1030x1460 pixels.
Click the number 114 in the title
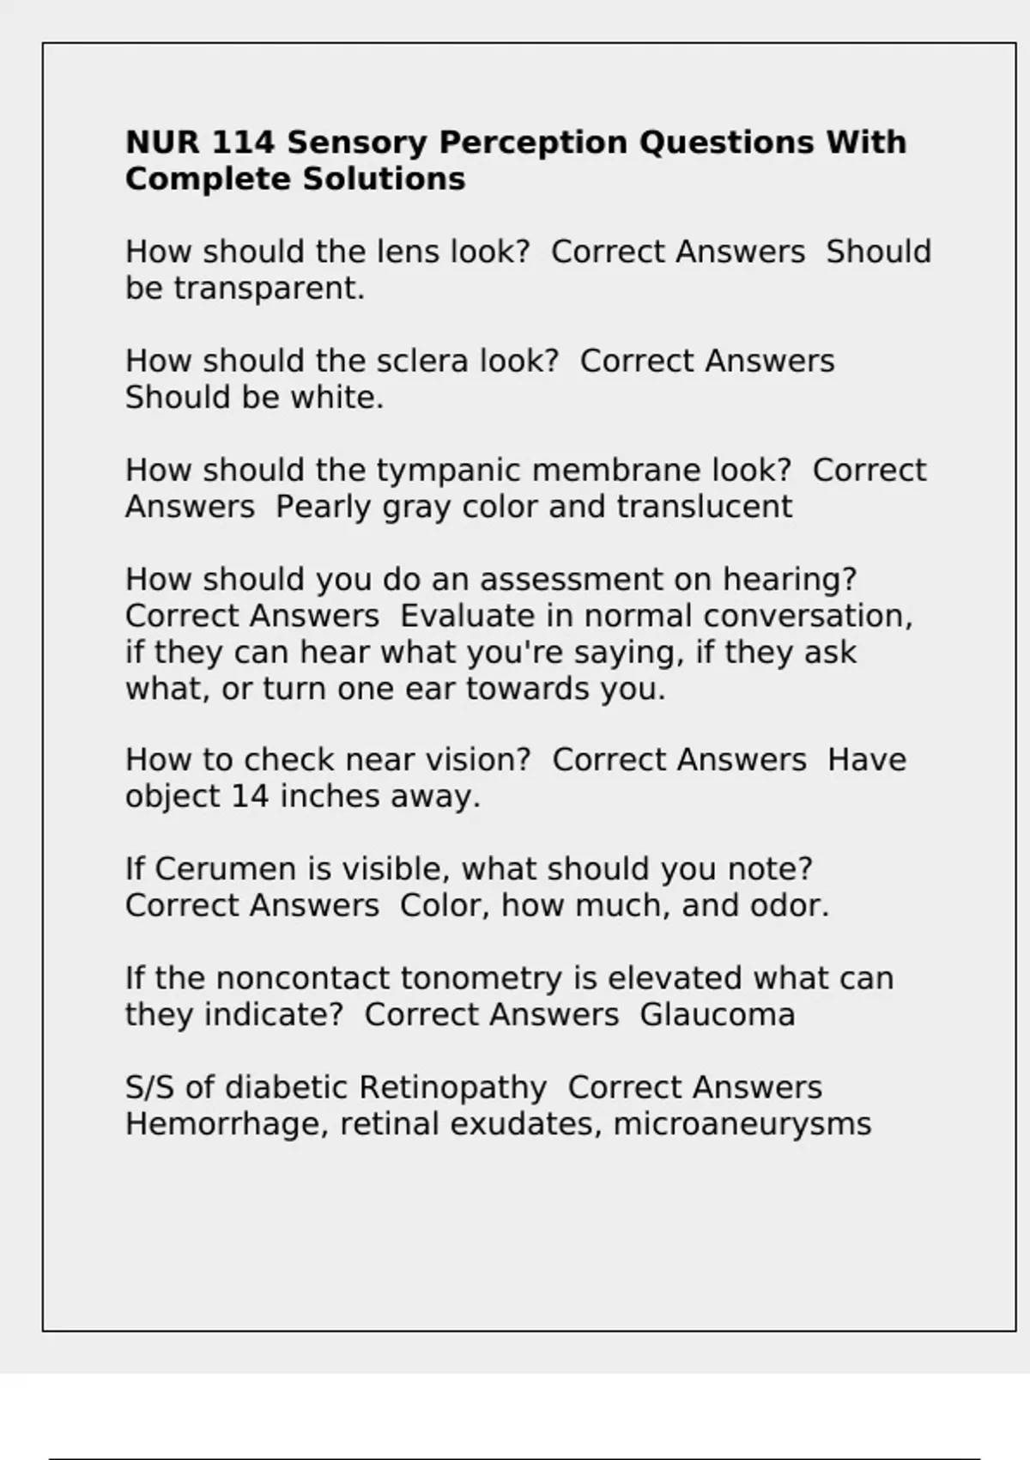[243, 143]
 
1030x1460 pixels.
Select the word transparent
[269, 289]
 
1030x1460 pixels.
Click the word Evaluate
[456, 617]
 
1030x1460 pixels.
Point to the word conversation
[808, 617]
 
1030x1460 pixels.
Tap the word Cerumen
[226, 869]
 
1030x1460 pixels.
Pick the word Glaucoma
[718, 1015]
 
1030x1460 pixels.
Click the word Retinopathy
[452, 1088]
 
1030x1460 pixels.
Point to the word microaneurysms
[742, 1124]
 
